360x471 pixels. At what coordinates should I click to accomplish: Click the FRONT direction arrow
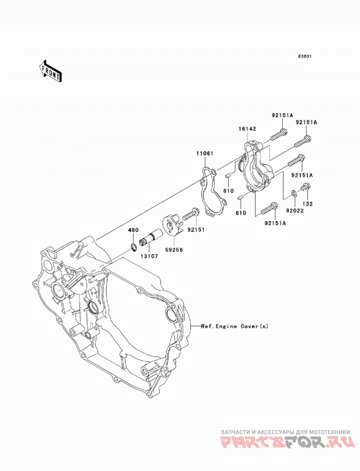pos(50,71)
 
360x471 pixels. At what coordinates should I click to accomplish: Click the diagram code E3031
pos(305,56)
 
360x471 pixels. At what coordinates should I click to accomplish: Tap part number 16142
pos(247,129)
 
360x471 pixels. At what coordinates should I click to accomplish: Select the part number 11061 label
pos(205,153)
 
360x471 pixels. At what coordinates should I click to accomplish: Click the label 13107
pos(149,256)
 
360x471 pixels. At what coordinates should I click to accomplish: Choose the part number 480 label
pos(134,230)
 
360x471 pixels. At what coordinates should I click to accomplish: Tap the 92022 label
pos(295,211)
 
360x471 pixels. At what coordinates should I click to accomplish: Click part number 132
pos(307,204)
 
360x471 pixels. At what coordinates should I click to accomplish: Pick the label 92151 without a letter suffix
pos(196,230)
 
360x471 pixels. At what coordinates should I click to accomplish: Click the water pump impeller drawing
pos(173,230)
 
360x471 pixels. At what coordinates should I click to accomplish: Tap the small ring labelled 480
pos(134,248)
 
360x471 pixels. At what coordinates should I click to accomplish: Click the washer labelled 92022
pos(294,193)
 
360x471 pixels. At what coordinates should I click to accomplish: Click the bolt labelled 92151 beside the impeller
pos(191,214)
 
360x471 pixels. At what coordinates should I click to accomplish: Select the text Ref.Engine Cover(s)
pos(234,326)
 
